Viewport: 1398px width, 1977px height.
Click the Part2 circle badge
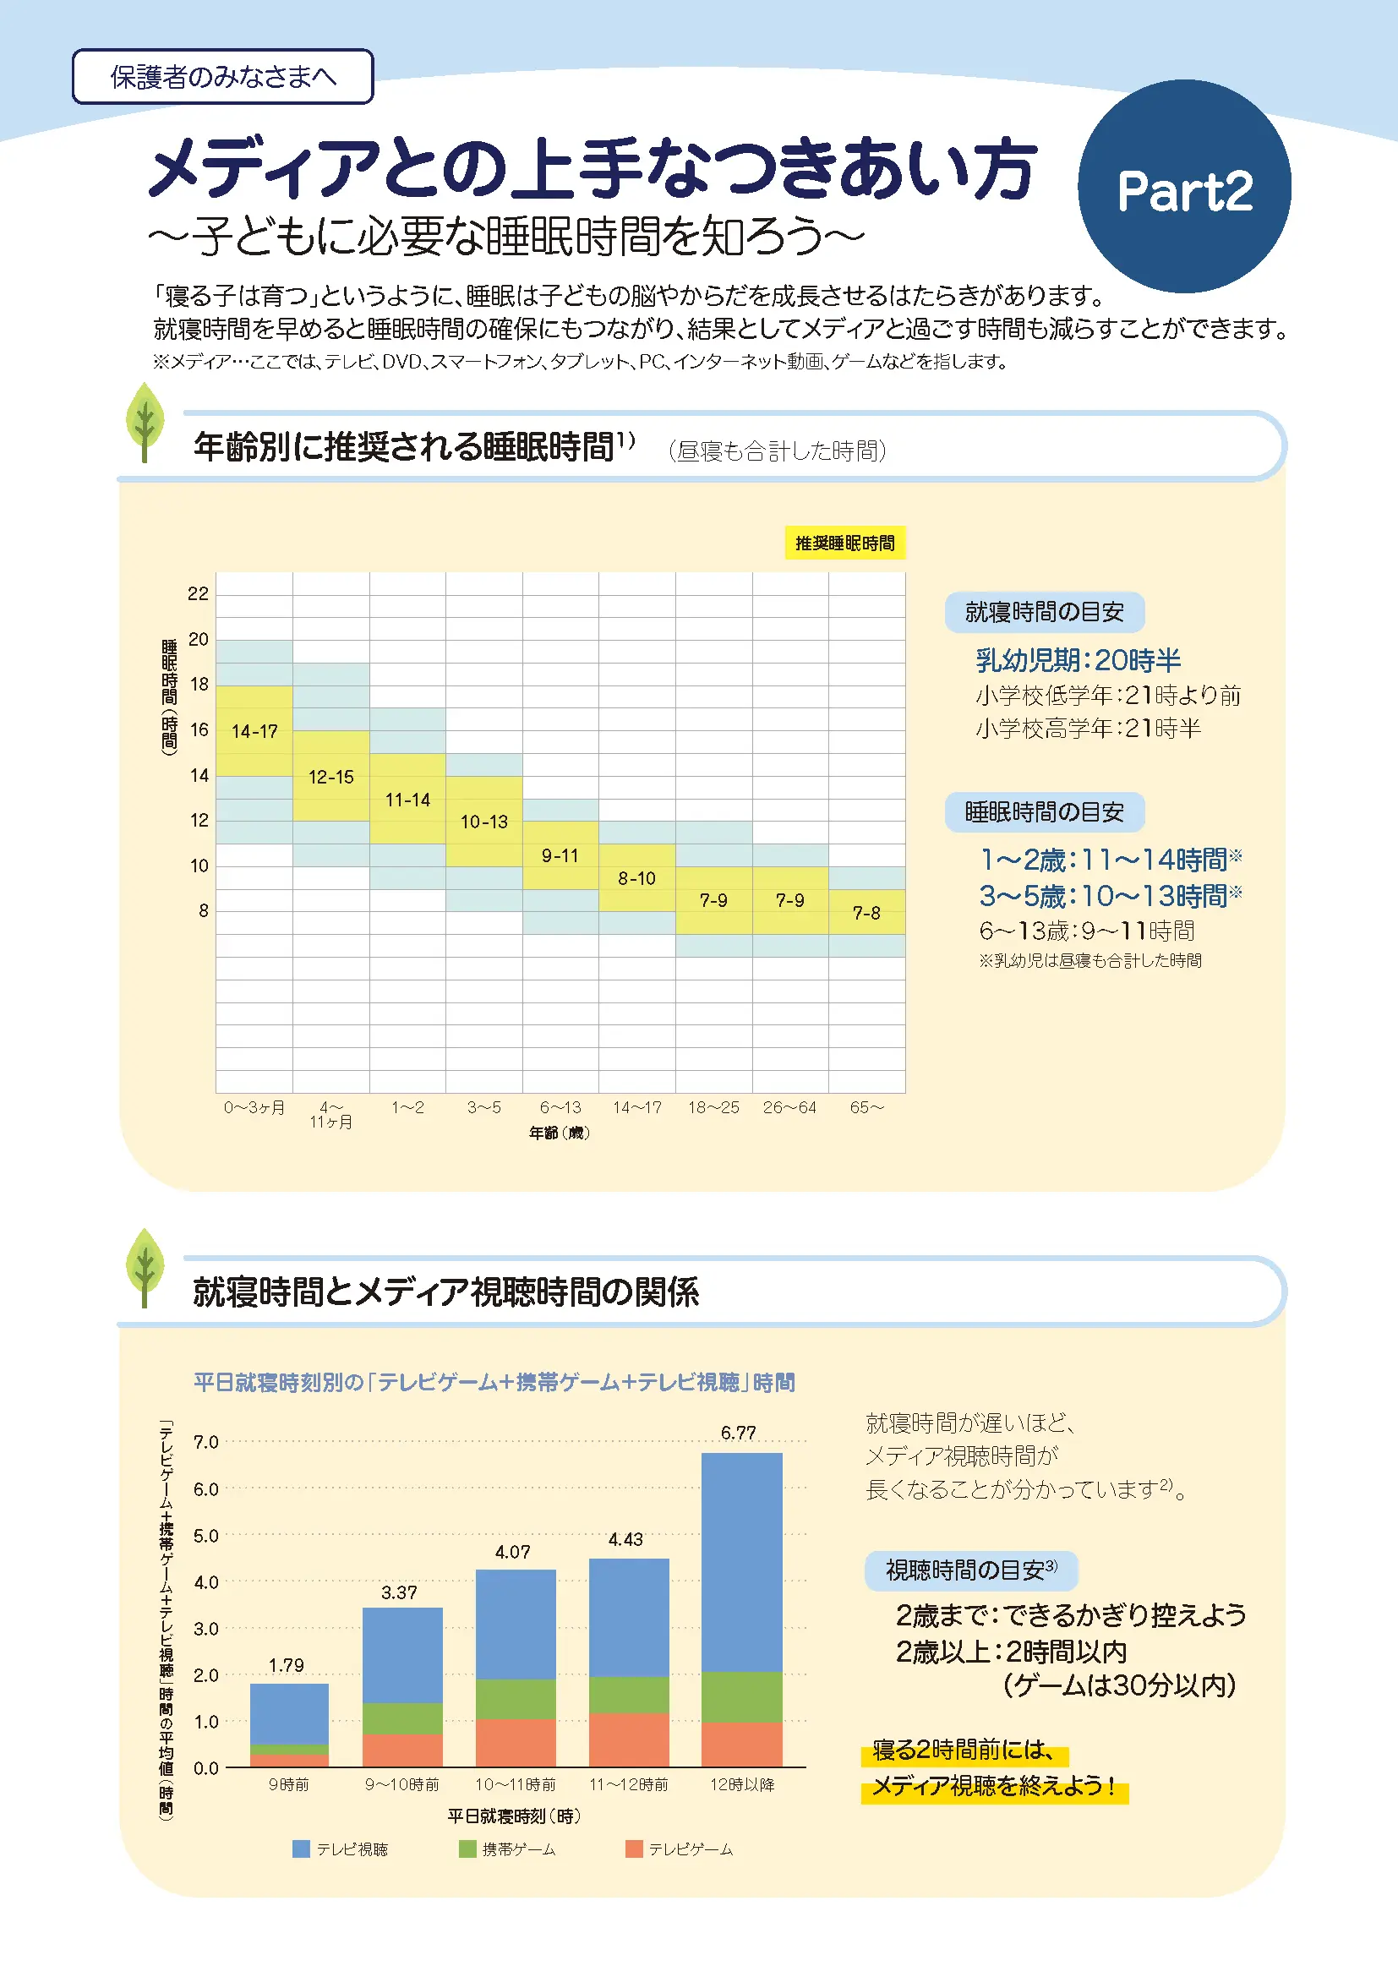pos(1183,187)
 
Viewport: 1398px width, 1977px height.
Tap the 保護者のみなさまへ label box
pos(222,77)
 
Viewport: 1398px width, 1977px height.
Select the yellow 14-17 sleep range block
pos(254,731)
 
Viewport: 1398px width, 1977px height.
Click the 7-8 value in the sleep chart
pos(866,913)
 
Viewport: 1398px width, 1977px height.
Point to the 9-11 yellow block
pos(560,855)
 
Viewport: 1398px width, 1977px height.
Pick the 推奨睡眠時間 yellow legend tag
pos(844,543)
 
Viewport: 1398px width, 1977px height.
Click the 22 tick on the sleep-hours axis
pos(198,593)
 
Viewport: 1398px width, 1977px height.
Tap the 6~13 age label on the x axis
pos(560,1107)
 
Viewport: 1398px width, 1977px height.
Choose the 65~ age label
pos(866,1107)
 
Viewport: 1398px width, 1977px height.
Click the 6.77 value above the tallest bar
pos(738,1433)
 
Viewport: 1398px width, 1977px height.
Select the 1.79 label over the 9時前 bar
pos(286,1665)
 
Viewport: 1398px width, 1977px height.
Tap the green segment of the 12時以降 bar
pos(741,1696)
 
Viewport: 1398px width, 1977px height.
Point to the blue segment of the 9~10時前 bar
pos(402,1655)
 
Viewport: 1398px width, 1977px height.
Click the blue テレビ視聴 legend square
pos(300,1849)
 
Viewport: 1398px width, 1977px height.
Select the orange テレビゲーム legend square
pos(634,1849)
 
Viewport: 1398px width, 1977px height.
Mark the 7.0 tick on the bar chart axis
pos(205,1442)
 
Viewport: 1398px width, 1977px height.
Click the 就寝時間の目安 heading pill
pos(1043,612)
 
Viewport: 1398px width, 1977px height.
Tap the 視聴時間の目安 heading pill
pos(970,1570)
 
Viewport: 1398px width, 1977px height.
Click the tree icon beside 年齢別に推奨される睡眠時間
pos(145,422)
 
